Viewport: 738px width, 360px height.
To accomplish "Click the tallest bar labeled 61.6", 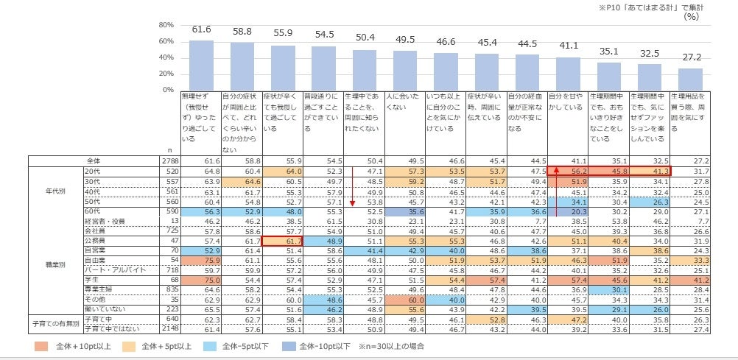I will [201, 65].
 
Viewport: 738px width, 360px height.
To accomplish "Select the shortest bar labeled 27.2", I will [690, 79].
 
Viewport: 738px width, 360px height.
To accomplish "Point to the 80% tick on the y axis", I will [166, 25].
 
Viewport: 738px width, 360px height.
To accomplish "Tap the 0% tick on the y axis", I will [166, 90].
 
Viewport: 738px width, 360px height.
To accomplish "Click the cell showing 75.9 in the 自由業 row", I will [201, 260].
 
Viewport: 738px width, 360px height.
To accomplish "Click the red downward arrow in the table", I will [353, 193].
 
